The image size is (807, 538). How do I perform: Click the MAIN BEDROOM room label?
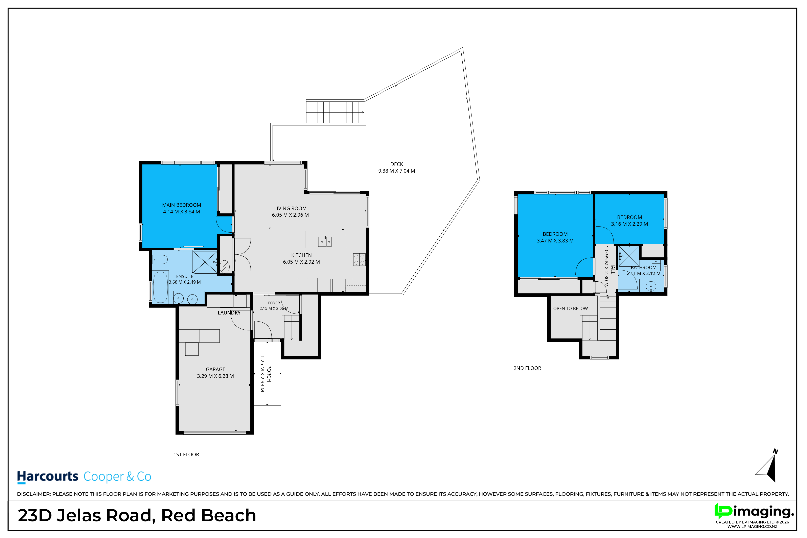click(x=182, y=205)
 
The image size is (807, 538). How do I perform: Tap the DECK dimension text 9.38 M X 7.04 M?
click(x=397, y=171)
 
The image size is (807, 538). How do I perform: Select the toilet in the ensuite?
click(x=160, y=259)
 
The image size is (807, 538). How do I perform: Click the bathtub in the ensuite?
click(x=160, y=287)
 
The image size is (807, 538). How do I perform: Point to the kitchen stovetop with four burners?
click(x=359, y=259)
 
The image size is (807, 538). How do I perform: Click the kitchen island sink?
click(x=325, y=241)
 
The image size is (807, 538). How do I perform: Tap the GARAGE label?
click(x=215, y=369)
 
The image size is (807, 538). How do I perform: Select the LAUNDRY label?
click(x=229, y=313)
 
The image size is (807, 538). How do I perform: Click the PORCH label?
click(x=269, y=374)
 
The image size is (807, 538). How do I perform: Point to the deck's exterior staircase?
click(x=335, y=112)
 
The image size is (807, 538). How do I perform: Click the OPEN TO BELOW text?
click(x=570, y=308)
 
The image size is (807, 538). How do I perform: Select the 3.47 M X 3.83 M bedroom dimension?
click(x=555, y=241)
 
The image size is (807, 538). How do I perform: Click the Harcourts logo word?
click(x=48, y=477)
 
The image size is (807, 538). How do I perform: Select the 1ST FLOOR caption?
click(x=186, y=455)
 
